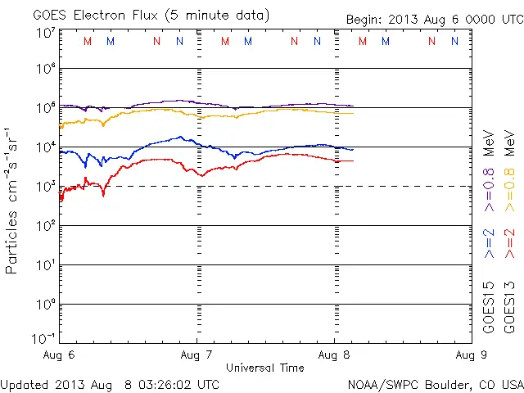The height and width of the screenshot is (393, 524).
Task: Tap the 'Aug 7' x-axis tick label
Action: [x=196, y=355]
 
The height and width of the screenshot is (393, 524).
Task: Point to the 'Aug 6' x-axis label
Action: [x=59, y=355]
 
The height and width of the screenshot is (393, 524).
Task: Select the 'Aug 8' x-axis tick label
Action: [x=334, y=355]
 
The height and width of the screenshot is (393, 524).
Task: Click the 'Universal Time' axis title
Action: [x=265, y=368]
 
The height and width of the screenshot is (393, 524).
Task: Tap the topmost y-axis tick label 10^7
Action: [x=46, y=33]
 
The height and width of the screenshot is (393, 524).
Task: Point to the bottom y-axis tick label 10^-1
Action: [x=44, y=337]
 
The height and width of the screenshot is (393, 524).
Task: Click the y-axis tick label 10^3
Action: [x=46, y=185]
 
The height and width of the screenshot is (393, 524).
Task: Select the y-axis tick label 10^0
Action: [x=46, y=303]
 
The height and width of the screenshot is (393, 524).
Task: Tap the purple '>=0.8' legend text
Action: [x=490, y=188]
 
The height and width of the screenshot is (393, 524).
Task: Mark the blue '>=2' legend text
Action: [x=490, y=244]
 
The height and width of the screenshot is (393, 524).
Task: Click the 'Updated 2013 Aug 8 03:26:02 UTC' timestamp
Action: [x=110, y=383]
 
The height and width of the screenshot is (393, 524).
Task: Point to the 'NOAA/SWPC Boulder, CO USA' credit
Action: [x=435, y=383]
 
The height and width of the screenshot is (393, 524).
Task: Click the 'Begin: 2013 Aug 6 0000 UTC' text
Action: [x=433, y=18]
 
